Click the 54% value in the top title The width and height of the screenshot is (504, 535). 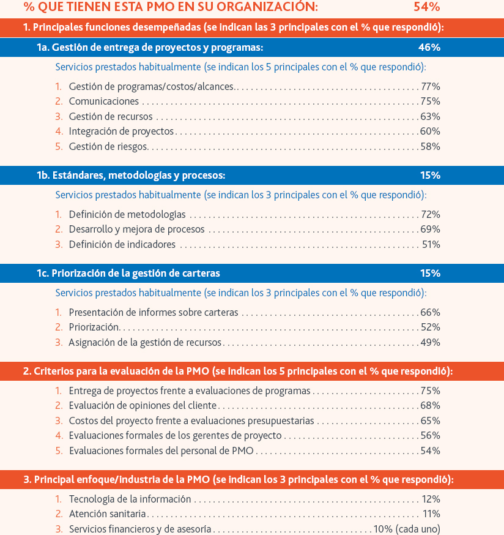[x=426, y=7]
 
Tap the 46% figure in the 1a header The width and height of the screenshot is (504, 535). [x=429, y=47]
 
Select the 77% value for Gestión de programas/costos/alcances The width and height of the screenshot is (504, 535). [x=431, y=87]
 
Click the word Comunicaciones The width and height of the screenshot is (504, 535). [x=103, y=102]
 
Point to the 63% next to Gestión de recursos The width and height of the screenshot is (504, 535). [x=431, y=117]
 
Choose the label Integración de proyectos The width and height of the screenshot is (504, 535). [x=121, y=132]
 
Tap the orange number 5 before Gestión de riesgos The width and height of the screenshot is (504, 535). [x=59, y=147]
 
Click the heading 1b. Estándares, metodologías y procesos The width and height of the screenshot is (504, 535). [x=131, y=176]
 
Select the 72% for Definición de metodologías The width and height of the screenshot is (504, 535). [x=431, y=215]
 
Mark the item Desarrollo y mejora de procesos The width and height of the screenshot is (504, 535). [x=137, y=230]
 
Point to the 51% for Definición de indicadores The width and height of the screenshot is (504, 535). [x=431, y=245]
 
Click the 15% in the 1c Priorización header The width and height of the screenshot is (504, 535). [x=431, y=273]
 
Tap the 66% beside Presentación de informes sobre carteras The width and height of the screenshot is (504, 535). [x=431, y=313]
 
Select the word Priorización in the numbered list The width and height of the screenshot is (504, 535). [x=94, y=327]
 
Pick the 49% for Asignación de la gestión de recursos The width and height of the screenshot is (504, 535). [x=431, y=343]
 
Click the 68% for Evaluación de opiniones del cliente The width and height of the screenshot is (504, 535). [x=431, y=406]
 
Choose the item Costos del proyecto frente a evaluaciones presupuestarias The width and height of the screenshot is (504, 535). [x=191, y=421]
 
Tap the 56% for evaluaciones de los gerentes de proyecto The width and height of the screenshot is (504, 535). [x=431, y=436]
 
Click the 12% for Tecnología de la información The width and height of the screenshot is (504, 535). [x=431, y=499]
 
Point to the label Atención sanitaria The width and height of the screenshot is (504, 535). [x=108, y=514]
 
